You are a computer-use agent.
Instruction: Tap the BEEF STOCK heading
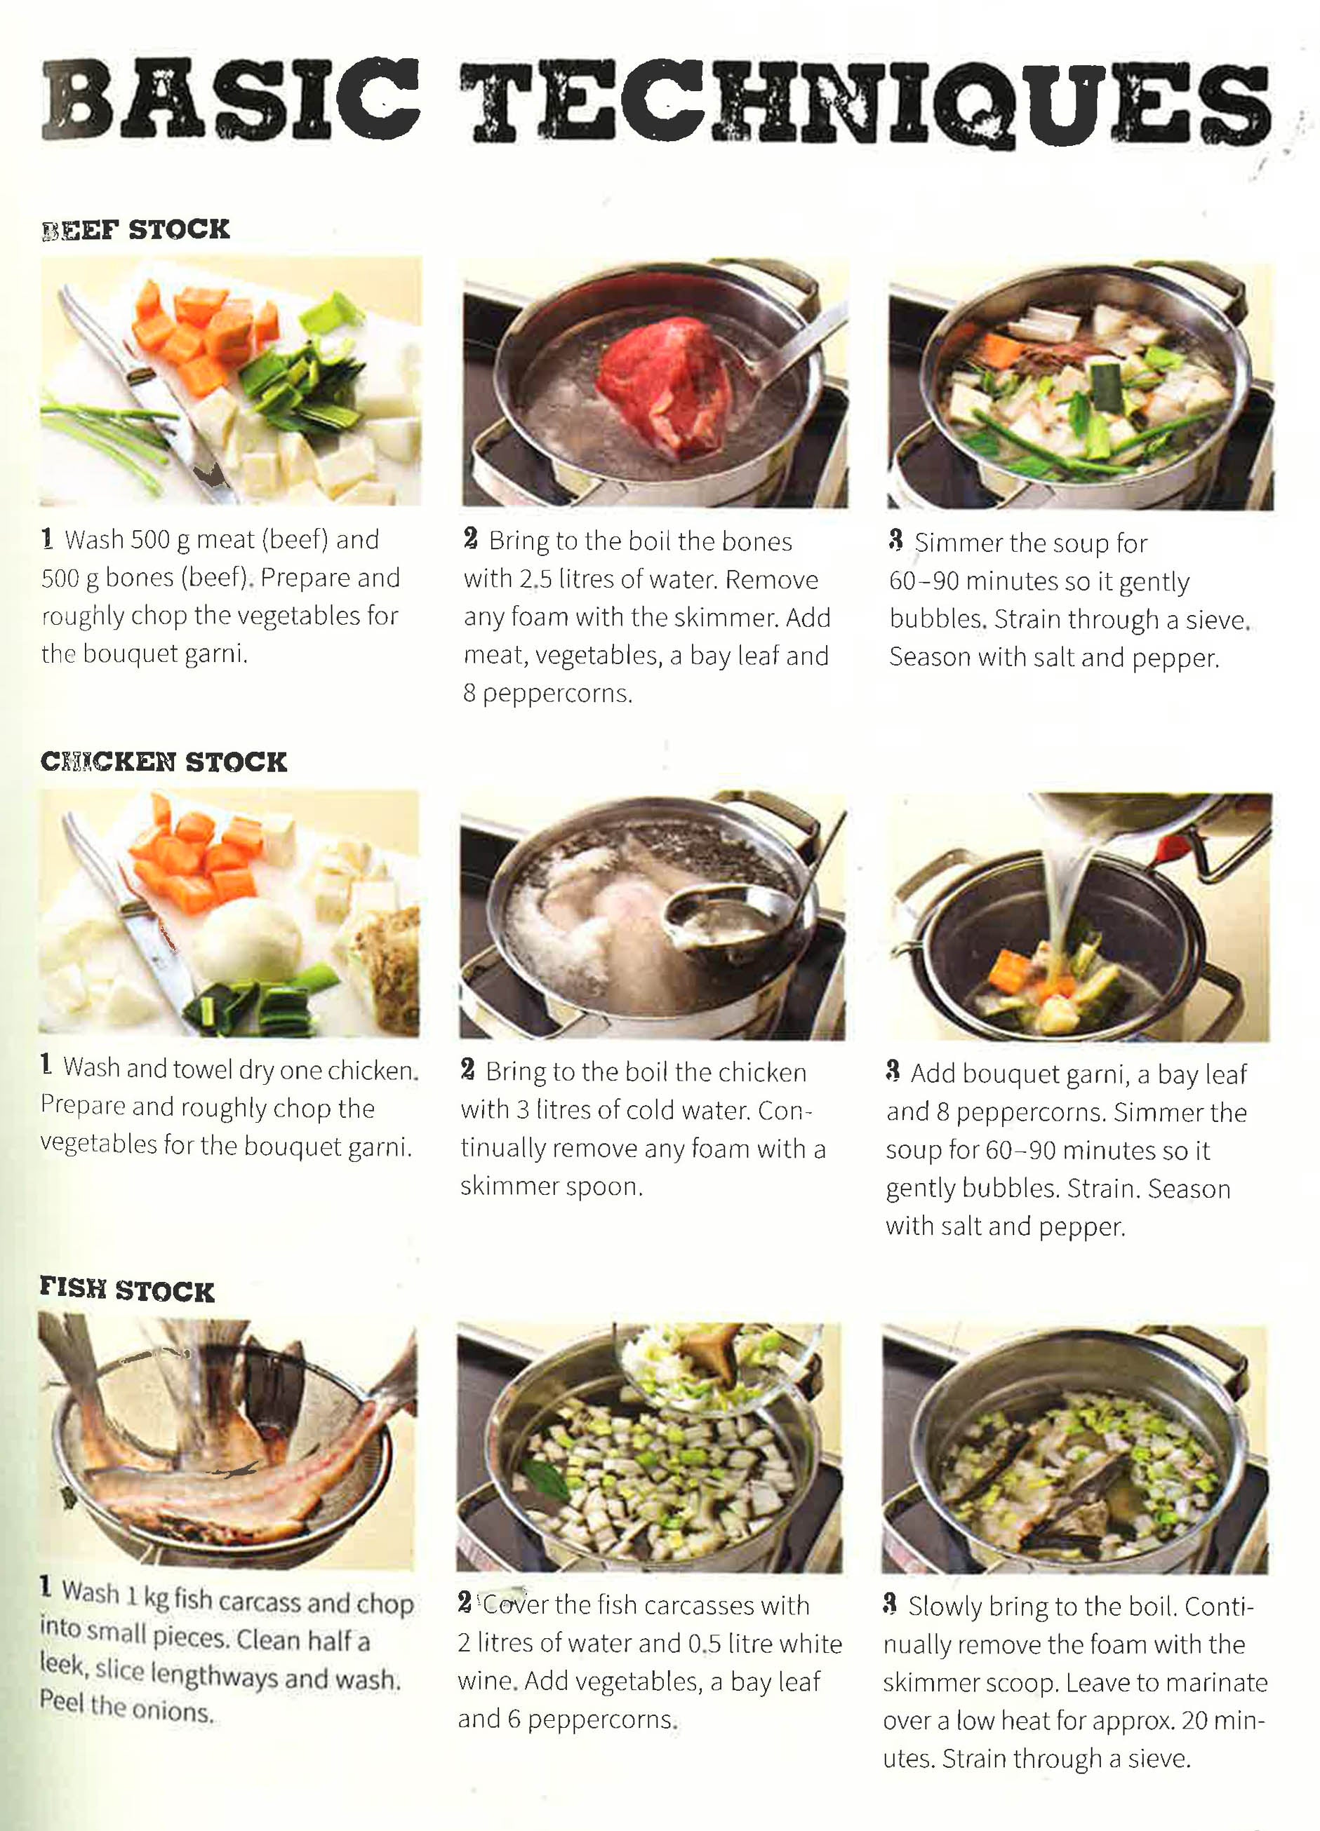(x=135, y=229)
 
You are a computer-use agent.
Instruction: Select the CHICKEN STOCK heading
(x=164, y=762)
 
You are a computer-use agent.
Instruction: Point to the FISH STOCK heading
(x=128, y=1290)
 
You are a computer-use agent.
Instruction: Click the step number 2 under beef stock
(x=471, y=539)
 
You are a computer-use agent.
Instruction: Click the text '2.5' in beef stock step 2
(x=535, y=580)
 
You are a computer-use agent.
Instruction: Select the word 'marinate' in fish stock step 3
(x=1217, y=1682)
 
